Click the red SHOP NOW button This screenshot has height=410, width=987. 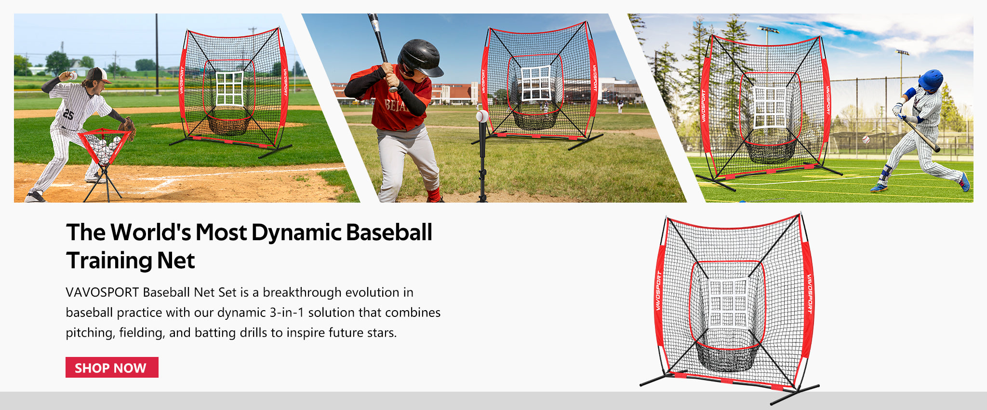point(112,368)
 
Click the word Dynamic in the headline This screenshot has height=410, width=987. point(296,233)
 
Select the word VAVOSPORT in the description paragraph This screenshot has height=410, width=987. point(102,292)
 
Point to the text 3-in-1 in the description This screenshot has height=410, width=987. point(287,313)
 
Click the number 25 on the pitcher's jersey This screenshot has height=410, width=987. point(68,114)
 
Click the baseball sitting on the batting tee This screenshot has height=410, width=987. point(482,116)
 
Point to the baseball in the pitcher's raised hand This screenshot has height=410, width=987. point(73,75)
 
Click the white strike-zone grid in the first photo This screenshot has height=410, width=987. point(229,88)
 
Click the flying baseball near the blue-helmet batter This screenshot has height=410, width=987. point(866,139)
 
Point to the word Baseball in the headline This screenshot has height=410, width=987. point(389,232)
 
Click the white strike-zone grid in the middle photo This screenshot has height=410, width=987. point(536,82)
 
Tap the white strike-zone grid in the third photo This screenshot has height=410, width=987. point(770,107)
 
